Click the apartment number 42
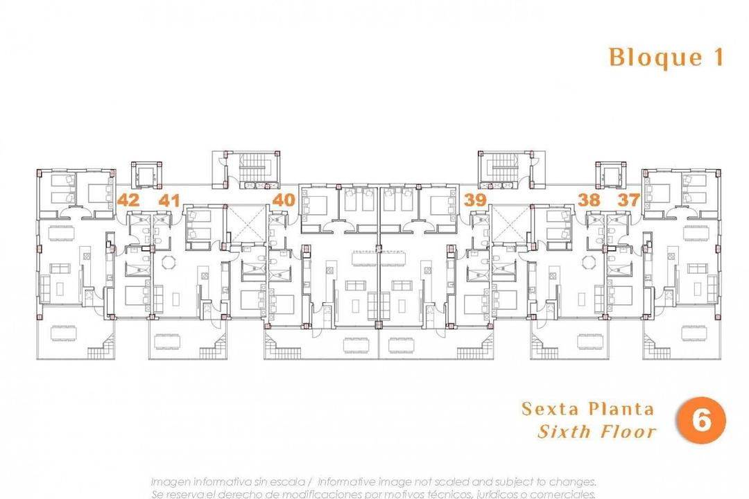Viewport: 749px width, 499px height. [x=128, y=200]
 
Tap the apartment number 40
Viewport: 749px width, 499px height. [x=284, y=200]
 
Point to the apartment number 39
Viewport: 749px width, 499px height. [x=475, y=200]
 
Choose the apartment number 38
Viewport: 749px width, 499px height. [x=589, y=200]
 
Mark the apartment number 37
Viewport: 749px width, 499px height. [x=629, y=200]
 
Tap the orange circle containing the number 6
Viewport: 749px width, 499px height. [x=701, y=421]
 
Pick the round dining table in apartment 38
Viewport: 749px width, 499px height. [x=589, y=262]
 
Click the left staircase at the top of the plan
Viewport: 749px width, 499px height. [x=249, y=167]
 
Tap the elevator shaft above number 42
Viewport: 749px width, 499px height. [x=146, y=175]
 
